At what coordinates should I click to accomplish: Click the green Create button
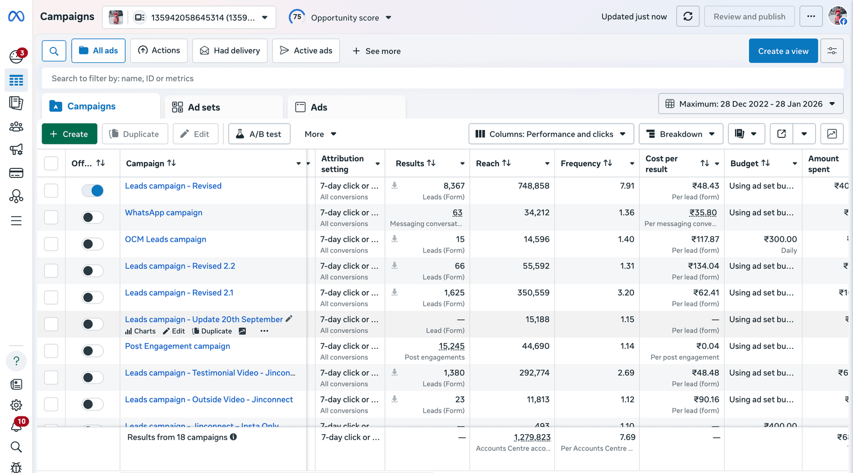[69, 134]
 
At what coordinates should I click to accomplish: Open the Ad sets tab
[203, 107]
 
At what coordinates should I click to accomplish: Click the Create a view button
[783, 51]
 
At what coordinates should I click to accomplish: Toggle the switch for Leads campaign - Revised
[93, 191]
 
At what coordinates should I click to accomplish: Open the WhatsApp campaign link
[164, 213]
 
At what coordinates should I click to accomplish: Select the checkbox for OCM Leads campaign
[51, 244]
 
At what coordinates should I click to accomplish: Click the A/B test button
[259, 134]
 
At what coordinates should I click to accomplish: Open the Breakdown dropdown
[681, 134]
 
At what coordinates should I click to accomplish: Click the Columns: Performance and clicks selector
[551, 134]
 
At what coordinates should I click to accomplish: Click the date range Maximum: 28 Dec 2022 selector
[750, 104]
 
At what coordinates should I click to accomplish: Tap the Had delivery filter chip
[230, 51]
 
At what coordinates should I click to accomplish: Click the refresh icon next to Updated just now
[688, 17]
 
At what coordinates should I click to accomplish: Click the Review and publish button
[749, 17]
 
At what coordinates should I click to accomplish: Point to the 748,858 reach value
[533, 186]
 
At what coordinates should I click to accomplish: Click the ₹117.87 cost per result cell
[705, 239]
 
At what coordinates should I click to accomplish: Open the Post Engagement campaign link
[178, 346]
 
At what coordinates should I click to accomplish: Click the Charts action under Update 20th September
[140, 331]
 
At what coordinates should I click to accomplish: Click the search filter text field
[442, 78]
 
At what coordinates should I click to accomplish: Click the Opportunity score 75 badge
[297, 17]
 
